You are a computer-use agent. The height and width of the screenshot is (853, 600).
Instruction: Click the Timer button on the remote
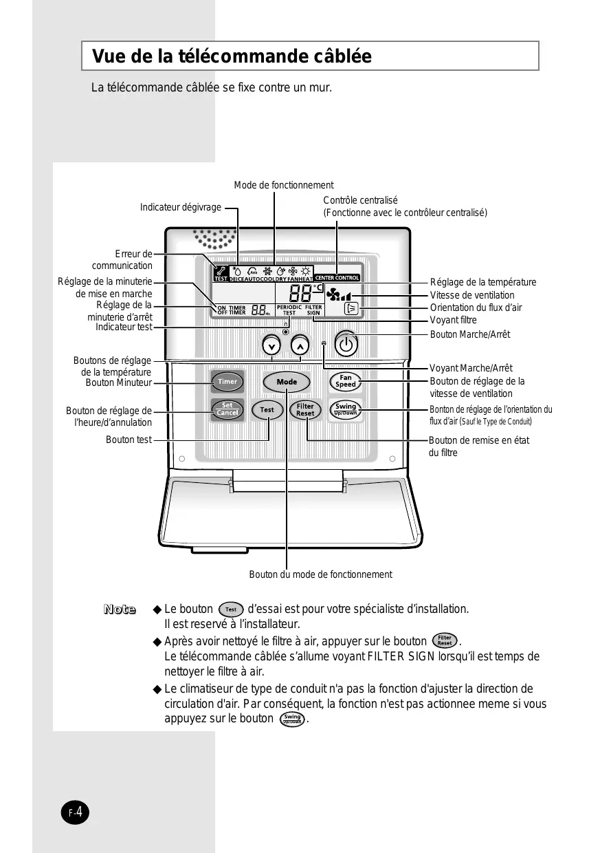click(227, 381)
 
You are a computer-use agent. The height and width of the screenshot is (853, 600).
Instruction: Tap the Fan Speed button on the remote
click(346, 381)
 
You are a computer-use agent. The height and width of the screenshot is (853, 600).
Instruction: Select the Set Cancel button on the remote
click(227, 409)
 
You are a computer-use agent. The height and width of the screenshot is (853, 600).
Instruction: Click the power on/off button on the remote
click(346, 343)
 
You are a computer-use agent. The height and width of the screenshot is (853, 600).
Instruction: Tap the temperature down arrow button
click(272, 345)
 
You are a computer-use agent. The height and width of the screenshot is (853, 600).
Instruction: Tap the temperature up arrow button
click(300, 345)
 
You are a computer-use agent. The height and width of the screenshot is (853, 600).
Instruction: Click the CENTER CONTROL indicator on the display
click(337, 278)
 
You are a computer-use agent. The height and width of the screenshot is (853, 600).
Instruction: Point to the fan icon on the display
click(334, 294)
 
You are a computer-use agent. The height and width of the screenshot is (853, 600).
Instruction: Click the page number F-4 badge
click(75, 812)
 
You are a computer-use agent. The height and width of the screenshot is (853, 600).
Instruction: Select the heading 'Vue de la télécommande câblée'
click(232, 56)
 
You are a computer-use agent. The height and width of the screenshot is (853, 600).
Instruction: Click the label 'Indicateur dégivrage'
click(181, 207)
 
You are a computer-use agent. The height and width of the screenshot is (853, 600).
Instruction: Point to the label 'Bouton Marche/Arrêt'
click(470, 334)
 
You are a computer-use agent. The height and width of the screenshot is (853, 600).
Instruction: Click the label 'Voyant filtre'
click(453, 321)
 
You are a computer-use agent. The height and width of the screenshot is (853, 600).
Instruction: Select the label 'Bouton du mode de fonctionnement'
click(320, 574)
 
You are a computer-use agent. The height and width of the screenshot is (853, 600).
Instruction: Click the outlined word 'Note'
click(120, 609)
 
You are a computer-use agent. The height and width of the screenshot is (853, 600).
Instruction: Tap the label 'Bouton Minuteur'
click(118, 382)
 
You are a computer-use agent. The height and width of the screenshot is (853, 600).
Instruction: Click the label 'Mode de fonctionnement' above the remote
click(283, 185)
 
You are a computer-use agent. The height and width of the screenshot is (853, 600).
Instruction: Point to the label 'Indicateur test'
click(124, 327)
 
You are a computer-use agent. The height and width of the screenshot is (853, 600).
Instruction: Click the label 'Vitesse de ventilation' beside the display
click(471, 295)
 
